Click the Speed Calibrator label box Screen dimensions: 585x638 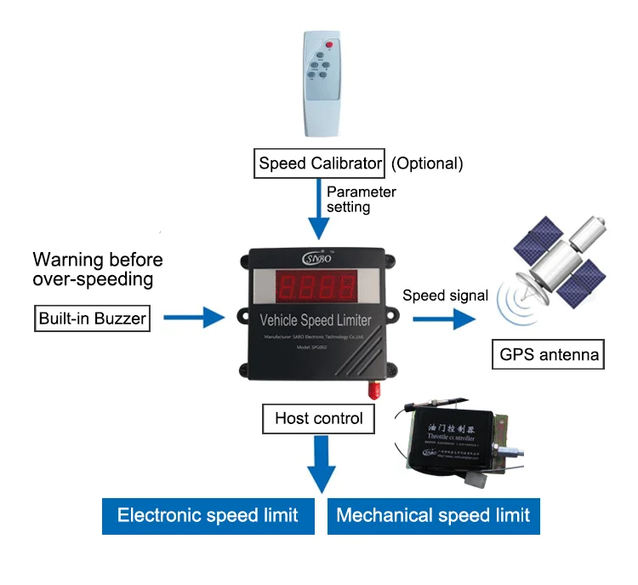[x=319, y=163]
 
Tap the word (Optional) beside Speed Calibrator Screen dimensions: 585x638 [x=426, y=163]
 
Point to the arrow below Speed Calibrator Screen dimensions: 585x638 [x=319, y=213]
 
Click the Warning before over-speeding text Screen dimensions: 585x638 [x=97, y=269]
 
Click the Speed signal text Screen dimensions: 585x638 [x=445, y=295]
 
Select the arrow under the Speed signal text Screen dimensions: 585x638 [x=445, y=319]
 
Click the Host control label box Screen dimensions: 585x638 [x=319, y=418]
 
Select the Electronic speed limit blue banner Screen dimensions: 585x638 [x=208, y=515]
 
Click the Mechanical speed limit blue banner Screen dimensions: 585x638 [x=433, y=515]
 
